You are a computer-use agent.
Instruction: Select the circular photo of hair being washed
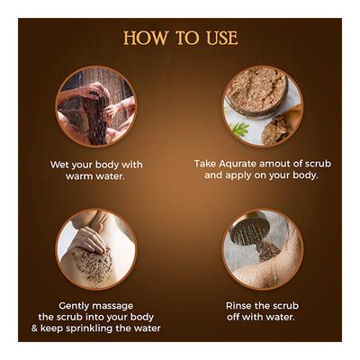95,106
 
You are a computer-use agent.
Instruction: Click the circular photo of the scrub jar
263,105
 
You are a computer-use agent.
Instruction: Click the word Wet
61,165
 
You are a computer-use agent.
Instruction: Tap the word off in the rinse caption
236,317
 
